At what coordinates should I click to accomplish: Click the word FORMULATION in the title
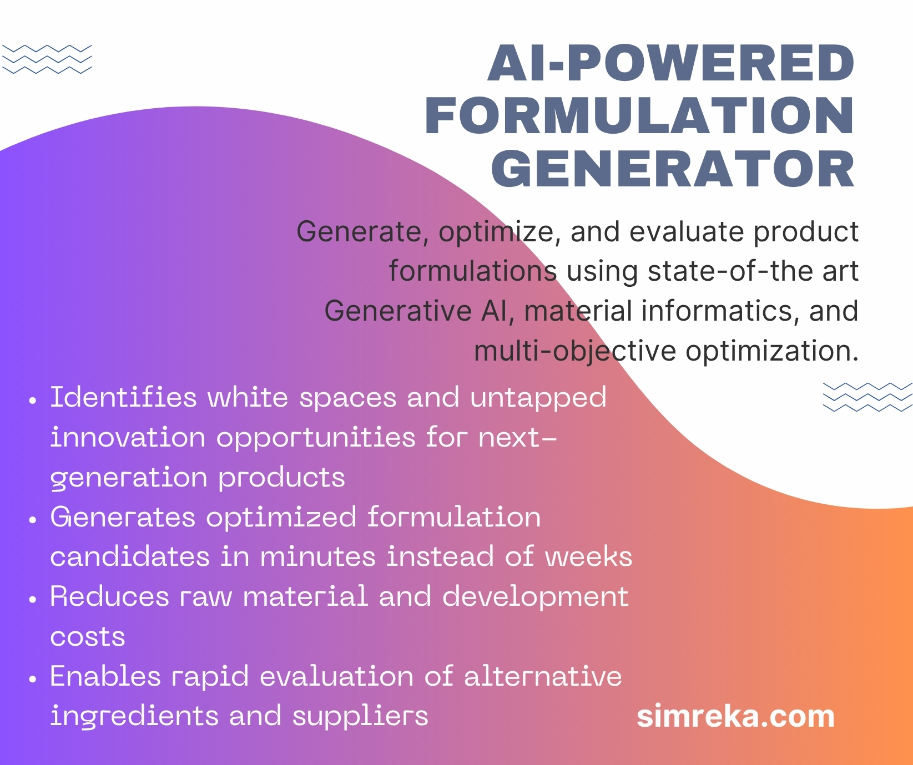(x=640, y=116)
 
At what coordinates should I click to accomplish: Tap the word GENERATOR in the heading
(x=673, y=169)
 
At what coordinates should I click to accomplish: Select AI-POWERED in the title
(x=672, y=63)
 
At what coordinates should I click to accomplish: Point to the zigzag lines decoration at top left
(x=47, y=59)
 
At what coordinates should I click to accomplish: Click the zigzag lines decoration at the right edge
(x=867, y=397)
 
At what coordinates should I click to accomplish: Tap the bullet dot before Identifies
(x=33, y=400)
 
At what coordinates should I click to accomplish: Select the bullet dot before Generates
(x=33, y=520)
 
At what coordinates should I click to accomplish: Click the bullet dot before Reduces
(x=33, y=600)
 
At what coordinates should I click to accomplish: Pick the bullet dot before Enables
(x=33, y=679)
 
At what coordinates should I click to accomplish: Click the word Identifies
(x=124, y=397)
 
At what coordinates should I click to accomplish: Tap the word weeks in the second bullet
(x=589, y=556)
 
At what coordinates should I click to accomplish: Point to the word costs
(x=88, y=637)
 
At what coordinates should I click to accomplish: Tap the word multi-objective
(x=576, y=352)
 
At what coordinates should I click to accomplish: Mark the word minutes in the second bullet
(x=318, y=556)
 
